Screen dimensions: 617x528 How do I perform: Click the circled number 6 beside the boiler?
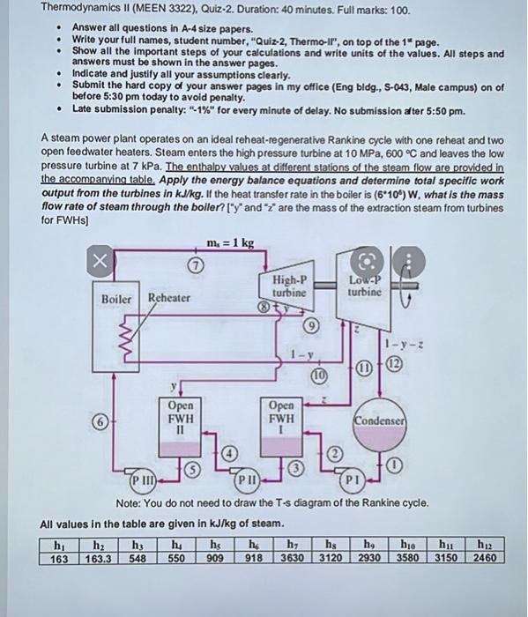(x=103, y=422)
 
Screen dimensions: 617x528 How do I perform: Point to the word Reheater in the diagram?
(x=168, y=298)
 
